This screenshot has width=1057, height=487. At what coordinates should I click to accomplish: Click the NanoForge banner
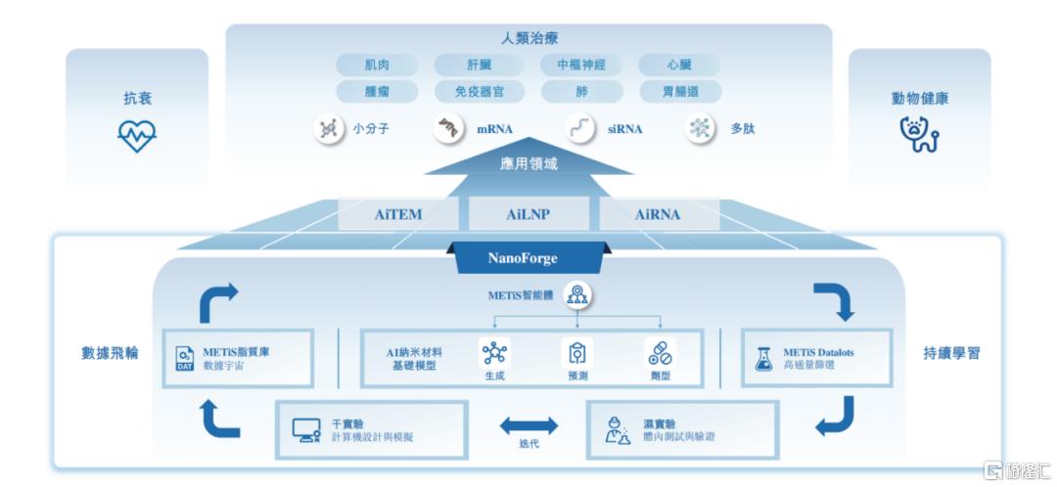tap(523, 258)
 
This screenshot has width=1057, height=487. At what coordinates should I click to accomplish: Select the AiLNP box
tap(528, 214)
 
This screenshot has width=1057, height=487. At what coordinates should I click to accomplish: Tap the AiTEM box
tap(399, 214)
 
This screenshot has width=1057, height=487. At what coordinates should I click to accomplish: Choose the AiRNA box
tap(658, 214)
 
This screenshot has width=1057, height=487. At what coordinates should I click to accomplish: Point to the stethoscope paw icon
tap(919, 135)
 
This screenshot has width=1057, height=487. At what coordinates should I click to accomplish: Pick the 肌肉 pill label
tap(377, 66)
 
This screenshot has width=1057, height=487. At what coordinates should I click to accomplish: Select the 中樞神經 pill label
tap(581, 66)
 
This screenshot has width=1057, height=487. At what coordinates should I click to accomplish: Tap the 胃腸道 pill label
tap(679, 92)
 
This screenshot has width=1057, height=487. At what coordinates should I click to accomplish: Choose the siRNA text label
tap(624, 129)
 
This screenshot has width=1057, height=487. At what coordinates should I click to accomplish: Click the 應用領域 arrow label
tap(528, 164)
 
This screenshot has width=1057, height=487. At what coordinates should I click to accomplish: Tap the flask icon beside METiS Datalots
tap(762, 358)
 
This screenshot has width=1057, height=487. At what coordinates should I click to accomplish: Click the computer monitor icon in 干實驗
tap(306, 429)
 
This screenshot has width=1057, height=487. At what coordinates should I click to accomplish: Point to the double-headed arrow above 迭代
tap(528, 425)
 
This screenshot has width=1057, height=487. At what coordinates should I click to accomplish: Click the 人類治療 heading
tap(528, 39)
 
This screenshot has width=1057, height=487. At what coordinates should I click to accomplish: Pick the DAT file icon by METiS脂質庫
tap(185, 358)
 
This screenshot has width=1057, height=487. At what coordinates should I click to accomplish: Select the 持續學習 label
tap(950, 353)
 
